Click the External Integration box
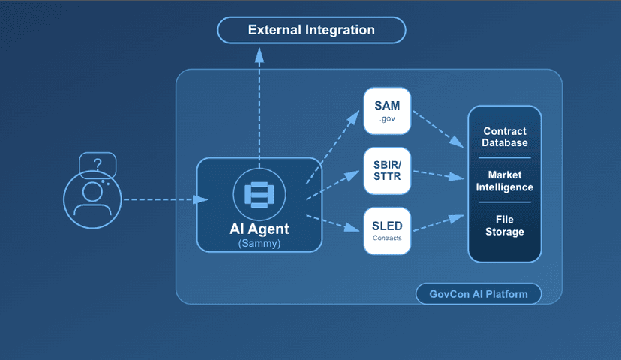coord(311,31)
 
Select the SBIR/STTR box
coord(387,171)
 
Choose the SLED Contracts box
coord(387,230)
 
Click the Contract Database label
coord(504,137)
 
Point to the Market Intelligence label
coord(504,181)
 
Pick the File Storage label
coord(504,225)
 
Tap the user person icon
coord(91,199)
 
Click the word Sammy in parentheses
coord(259,244)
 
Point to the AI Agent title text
coord(259,229)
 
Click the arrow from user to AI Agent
coord(165,199)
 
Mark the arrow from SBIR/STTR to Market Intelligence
coord(439,175)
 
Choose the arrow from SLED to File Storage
coord(439,223)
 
